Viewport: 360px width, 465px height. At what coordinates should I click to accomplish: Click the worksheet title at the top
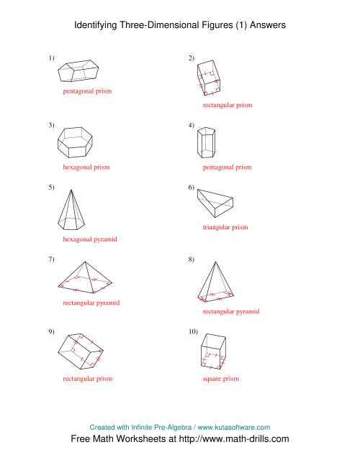coord(180,24)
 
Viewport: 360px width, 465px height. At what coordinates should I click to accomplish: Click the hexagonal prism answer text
coord(86,167)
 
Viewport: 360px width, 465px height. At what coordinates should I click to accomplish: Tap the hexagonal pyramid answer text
coord(90,238)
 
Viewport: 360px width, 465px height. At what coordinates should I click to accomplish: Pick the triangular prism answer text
coord(225,227)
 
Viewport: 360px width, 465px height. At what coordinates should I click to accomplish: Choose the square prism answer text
coord(220,378)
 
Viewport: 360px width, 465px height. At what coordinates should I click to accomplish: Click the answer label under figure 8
coord(231,312)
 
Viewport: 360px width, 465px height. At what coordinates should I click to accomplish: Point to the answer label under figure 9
coord(88,378)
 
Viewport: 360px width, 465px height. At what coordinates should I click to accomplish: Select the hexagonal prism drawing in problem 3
coord(81,143)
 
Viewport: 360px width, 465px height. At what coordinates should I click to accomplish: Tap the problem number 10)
coord(193,332)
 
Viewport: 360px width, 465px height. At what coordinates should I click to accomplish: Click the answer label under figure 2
coord(228,105)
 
